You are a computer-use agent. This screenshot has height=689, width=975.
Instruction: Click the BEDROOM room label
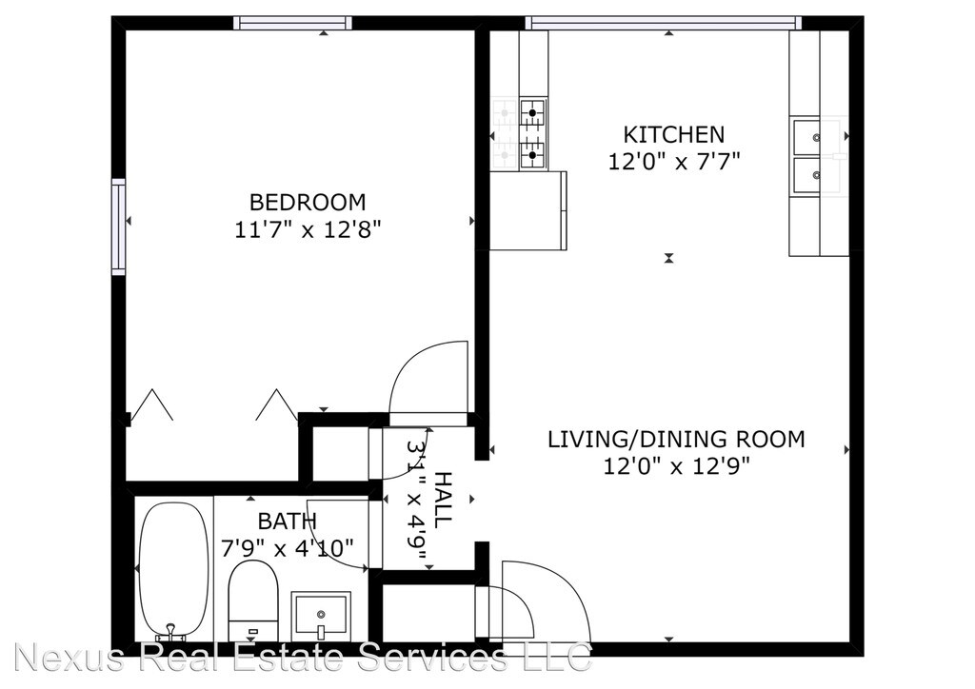coord(308,203)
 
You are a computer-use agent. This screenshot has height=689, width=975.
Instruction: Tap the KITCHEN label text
coord(674,135)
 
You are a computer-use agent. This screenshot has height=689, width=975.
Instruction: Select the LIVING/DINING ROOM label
coord(676,440)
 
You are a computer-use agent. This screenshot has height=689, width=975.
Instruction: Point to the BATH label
coord(288,521)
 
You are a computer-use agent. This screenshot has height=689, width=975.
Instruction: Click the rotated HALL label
coord(442,500)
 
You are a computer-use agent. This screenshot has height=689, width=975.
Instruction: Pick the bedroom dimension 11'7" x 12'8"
coord(308,230)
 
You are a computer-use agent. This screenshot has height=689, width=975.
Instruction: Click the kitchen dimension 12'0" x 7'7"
coord(674,162)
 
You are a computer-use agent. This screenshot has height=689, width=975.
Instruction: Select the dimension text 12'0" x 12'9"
coord(677,465)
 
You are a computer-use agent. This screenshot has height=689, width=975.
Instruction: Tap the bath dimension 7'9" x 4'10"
coord(288,548)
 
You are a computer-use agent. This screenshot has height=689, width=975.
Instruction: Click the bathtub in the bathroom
coord(173,569)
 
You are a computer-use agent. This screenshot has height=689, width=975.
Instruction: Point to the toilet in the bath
coord(252,600)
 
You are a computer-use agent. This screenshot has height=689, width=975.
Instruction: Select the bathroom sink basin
coord(322,613)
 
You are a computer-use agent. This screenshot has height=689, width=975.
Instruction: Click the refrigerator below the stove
coord(528,210)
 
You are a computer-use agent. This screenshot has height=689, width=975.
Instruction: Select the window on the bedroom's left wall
coord(118,226)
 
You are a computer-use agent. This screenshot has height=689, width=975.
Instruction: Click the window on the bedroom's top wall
coord(293,23)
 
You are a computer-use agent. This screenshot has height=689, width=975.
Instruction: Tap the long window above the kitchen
coord(664,23)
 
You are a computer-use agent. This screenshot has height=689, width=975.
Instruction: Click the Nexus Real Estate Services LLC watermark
coord(302,658)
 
